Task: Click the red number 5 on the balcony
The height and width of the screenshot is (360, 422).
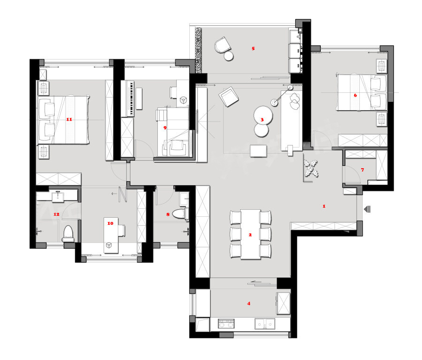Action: click(253, 49)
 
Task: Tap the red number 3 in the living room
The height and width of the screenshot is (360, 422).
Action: click(262, 120)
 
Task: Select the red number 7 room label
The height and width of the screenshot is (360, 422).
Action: click(363, 170)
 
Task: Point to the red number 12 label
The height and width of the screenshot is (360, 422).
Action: click(56, 214)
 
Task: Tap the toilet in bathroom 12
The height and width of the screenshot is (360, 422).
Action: click(68, 234)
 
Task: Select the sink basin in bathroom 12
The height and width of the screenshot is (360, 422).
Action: click(57, 196)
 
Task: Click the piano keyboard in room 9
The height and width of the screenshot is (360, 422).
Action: click(128, 98)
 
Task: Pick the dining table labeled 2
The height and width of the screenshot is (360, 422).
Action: click(251, 234)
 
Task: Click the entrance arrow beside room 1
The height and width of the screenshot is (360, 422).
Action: click(367, 209)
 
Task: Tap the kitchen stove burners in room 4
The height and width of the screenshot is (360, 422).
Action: click(226, 323)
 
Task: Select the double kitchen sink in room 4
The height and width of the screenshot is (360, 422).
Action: click(265, 324)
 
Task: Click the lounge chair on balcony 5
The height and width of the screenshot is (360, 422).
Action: click(222, 45)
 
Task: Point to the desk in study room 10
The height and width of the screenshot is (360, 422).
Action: click(111, 235)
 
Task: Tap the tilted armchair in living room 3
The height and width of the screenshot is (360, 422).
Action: click(228, 97)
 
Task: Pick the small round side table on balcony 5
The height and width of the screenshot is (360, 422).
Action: click(229, 56)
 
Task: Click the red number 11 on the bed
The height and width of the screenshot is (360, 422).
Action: click(69, 119)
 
